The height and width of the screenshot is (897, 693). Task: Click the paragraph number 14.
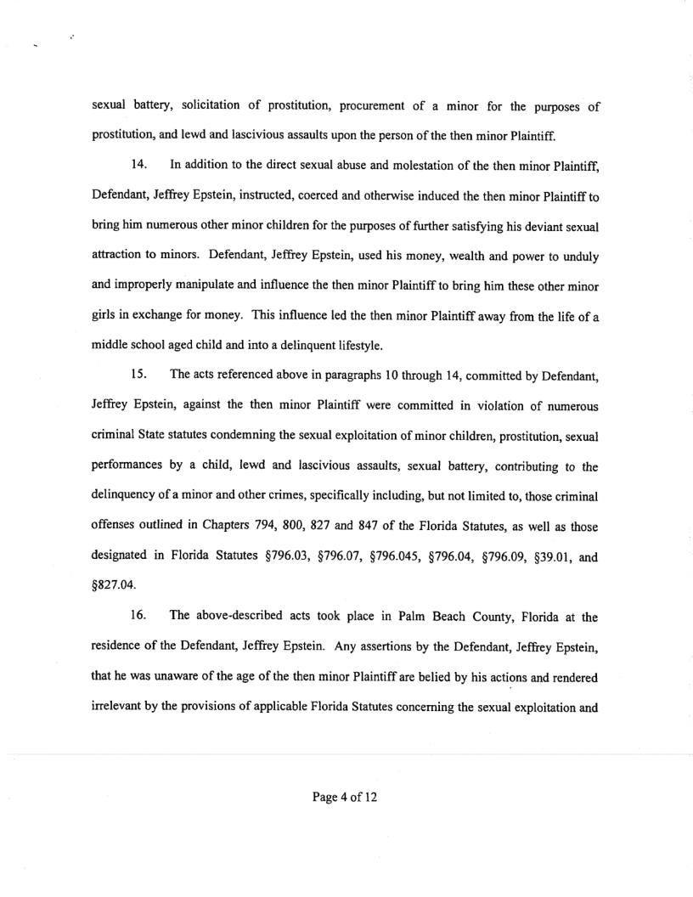(x=138, y=151)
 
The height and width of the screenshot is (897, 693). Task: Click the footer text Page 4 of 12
(x=346, y=798)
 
